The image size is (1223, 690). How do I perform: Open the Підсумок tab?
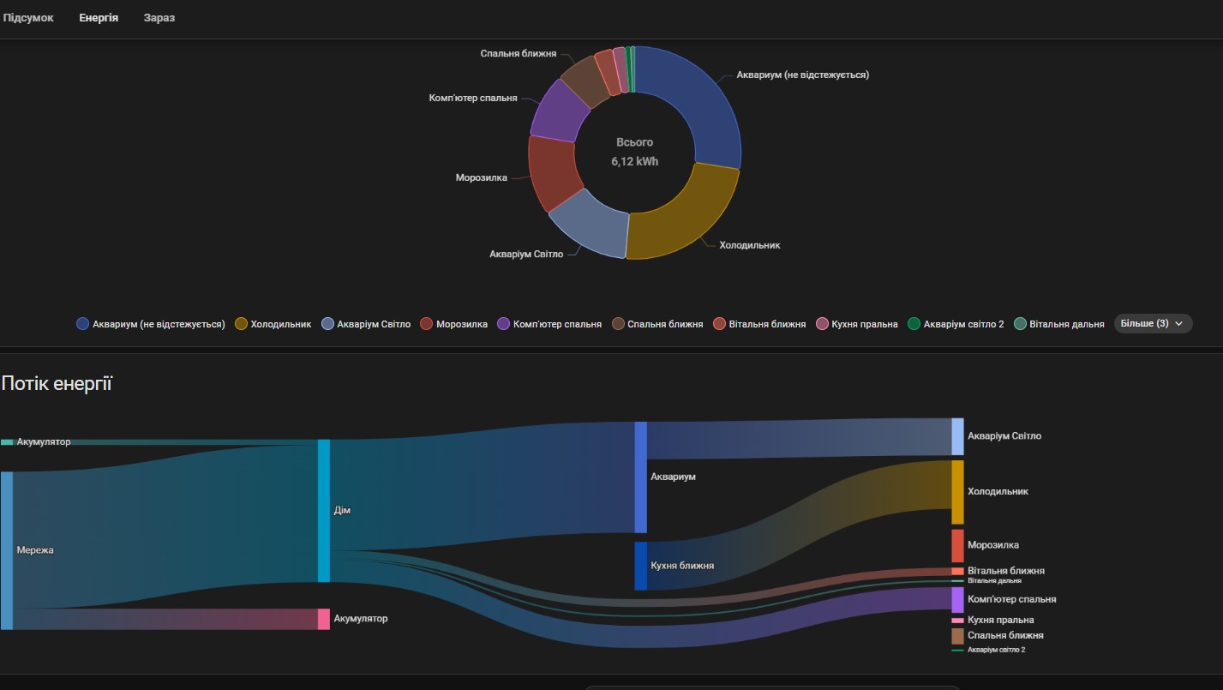point(28,18)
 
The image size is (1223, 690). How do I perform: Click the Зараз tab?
point(159,18)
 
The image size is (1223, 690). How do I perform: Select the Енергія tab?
point(99,18)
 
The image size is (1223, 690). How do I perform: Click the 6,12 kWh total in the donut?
point(634,161)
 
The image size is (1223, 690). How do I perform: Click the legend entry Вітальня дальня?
point(1066,324)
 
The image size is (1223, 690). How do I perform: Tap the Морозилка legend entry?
point(461,324)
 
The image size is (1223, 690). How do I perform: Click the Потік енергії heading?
point(57,383)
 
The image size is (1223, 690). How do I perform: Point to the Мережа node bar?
point(7,550)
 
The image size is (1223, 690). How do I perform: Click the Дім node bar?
point(324,510)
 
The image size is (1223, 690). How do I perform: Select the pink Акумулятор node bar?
point(324,619)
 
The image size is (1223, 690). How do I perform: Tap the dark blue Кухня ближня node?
point(640,566)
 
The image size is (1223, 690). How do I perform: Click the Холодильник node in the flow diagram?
point(957,492)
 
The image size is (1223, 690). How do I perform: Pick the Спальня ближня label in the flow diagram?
point(1004,636)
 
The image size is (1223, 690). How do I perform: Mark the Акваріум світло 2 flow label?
point(996,650)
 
